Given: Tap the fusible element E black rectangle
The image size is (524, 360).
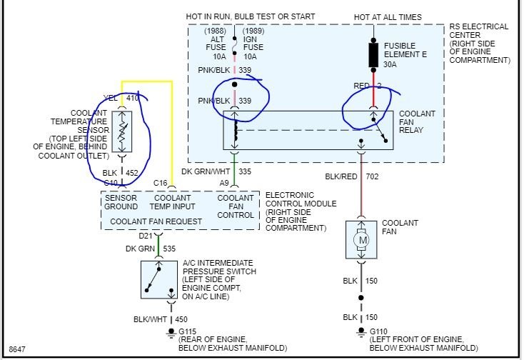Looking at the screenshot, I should (x=372, y=54).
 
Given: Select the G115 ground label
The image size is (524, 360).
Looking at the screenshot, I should (x=189, y=331).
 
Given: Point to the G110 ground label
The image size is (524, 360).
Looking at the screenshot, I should (x=380, y=331).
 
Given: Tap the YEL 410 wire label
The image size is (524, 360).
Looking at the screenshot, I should (x=121, y=98).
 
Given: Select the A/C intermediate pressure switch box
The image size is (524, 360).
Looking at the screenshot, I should (x=160, y=278).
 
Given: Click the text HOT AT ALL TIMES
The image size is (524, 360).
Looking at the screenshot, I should (x=388, y=17).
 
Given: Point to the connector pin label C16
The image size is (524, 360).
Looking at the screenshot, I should (x=160, y=183).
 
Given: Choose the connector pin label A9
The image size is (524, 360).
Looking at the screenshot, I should (x=224, y=183).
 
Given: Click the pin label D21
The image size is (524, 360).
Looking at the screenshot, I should (x=146, y=236).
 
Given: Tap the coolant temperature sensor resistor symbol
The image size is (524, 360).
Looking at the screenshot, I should (x=122, y=131).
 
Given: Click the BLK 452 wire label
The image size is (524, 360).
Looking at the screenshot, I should (x=120, y=172).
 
